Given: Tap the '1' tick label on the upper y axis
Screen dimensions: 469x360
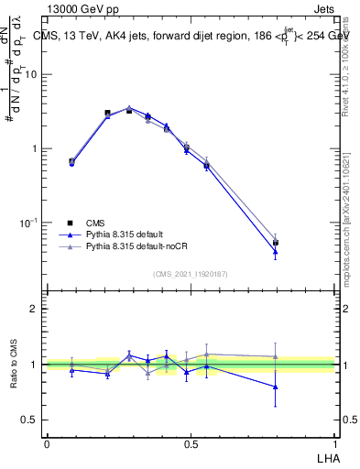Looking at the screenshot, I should pyautogui.click(x=35, y=148).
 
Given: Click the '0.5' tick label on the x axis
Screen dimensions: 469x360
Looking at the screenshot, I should pyautogui.click(x=191, y=443).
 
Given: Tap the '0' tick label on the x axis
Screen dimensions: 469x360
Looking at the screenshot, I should pyautogui.click(x=47, y=443).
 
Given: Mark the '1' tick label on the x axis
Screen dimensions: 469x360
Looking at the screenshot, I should pyautogui.click(x=334, y=443).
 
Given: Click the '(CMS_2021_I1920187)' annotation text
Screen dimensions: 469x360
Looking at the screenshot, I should pyautogui.click(x=190, y=274).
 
